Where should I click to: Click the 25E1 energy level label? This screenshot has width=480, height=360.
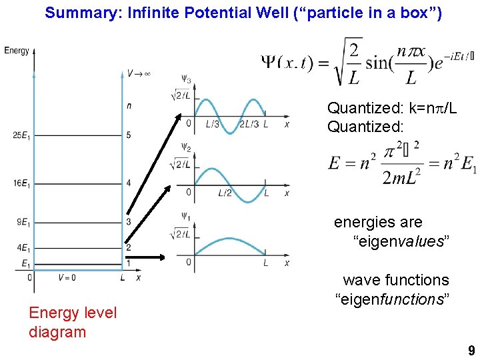(x=20, y=136)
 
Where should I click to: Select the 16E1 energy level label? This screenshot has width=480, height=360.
(x=20, y=183)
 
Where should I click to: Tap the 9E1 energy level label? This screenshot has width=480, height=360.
(x=22, y=222)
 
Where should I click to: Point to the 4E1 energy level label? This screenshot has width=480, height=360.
(x=22, y=248)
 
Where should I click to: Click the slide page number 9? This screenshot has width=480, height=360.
(x=471, y=351)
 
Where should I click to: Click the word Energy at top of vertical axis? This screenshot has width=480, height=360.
(x=17, y=51)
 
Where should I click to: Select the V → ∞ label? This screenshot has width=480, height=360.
(x=139, y=73)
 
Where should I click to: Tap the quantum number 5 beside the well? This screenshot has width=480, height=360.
(x=129, y=136)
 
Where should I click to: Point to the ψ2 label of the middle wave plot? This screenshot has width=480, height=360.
(x=185, y=148)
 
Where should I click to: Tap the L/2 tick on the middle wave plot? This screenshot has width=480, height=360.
(x=225, y=193)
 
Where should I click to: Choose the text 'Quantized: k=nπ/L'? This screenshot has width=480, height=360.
(x=391, y=108)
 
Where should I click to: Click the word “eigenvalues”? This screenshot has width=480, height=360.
(x=401, y=241)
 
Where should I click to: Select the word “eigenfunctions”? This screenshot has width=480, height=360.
(x=392, y=299)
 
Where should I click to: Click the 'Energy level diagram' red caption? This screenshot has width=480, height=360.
(x=72, y=322)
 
